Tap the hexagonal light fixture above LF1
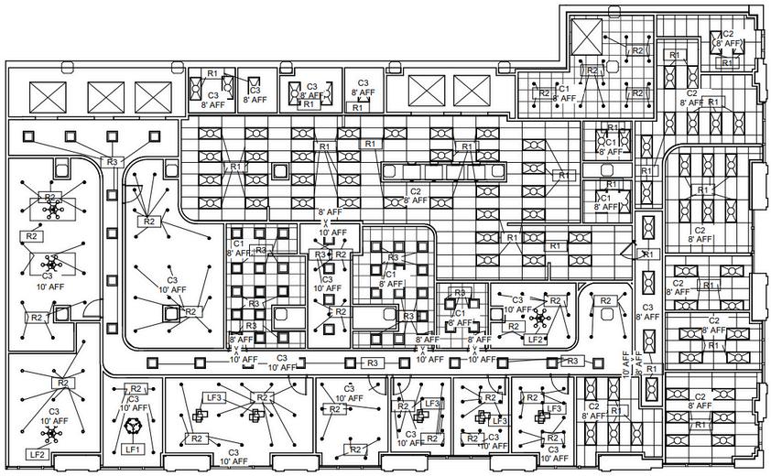point(133,426)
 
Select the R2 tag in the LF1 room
point(136,389)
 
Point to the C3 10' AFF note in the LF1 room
point(134,404)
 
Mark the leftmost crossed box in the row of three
point(50,95)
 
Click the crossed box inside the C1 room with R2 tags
point(584,37)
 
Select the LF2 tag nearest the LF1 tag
point(37,454)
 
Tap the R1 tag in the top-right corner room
point(728,62)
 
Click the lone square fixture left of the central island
point(279,171)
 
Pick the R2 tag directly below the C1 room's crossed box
point(592,70)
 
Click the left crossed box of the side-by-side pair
point(425,90)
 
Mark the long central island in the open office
point(445,170)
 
